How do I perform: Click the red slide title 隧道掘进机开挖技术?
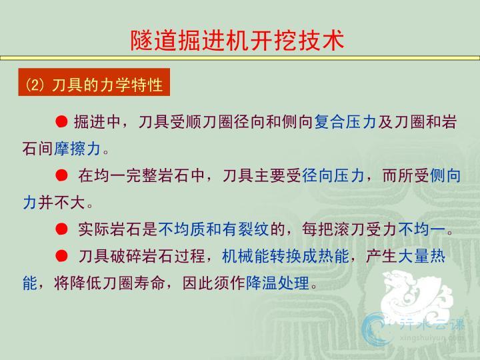(237, 40)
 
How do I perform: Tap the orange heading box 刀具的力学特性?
(94, 82)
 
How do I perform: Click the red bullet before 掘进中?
(61, 121)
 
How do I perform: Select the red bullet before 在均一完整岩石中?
(61, 175)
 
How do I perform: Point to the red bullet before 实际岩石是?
(61, 229)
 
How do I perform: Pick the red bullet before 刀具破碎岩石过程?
(61, 255)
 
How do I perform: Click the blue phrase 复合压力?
(345, 121)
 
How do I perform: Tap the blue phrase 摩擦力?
(77, 149)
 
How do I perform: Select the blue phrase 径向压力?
(333, 176)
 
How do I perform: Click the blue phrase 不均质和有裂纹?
(213, 229)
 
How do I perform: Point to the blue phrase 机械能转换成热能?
(285, 256)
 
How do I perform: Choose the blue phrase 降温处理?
(277, 283)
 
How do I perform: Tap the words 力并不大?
(53, 203)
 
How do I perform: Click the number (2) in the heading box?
(35, 85)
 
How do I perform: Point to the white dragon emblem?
(416, 295)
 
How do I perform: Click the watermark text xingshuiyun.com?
(431, 337)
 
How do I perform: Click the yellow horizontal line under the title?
(240, 58)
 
